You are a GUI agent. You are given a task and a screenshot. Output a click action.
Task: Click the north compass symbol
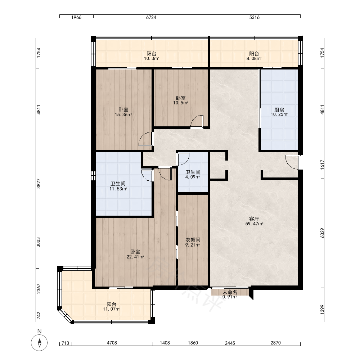point(39,343)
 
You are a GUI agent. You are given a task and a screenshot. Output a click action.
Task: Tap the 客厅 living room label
point(254,219)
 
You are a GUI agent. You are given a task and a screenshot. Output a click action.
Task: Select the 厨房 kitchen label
point(279,110)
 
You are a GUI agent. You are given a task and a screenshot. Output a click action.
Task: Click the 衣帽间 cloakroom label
point(193,240)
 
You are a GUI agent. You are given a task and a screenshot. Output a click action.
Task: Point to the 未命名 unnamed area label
point(230,292)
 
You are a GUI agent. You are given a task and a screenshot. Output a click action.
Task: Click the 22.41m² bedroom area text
point(135,257)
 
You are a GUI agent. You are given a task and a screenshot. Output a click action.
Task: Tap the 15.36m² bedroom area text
point(123,114)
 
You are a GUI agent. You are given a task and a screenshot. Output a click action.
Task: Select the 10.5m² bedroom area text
point(180,103)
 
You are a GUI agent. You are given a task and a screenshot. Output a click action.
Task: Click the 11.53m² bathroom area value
point(118,189)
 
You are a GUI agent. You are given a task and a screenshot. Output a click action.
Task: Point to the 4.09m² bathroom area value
point(193,177)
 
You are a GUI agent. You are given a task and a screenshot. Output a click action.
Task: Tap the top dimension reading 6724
point(151,17)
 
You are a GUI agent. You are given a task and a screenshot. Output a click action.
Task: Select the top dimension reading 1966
point(76,17)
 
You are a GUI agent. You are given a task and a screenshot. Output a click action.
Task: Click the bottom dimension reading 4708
point(112,343)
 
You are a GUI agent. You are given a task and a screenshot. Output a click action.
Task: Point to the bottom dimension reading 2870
point(275,343)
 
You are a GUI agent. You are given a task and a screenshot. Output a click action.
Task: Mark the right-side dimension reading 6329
point(322,233)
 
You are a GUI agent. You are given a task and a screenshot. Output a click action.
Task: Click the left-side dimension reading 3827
point(39,184)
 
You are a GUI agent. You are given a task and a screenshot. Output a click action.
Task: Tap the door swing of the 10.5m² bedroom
point(197,121)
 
